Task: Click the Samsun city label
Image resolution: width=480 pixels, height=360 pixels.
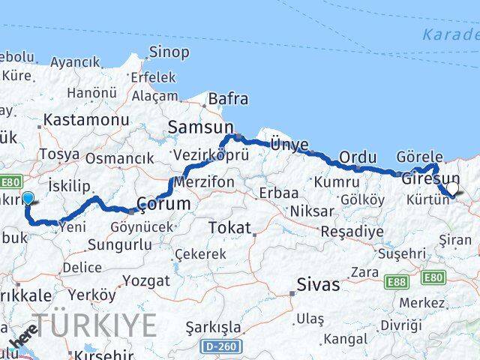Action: coord(201,127)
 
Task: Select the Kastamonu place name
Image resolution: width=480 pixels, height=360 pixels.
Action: coord(86,120)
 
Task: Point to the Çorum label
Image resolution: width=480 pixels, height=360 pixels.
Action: coord(164,204)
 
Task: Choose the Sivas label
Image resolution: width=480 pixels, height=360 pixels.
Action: coord(318,285)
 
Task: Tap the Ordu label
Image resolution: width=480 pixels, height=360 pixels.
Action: coord(357,157)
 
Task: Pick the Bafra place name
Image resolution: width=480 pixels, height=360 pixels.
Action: coord(227,98)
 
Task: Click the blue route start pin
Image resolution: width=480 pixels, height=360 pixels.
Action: coord(28,198)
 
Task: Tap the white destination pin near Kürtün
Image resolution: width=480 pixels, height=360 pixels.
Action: coord(451,190)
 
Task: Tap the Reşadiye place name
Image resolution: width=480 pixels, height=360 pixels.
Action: coord(352,231)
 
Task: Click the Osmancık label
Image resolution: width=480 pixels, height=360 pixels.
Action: coord(119,158)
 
